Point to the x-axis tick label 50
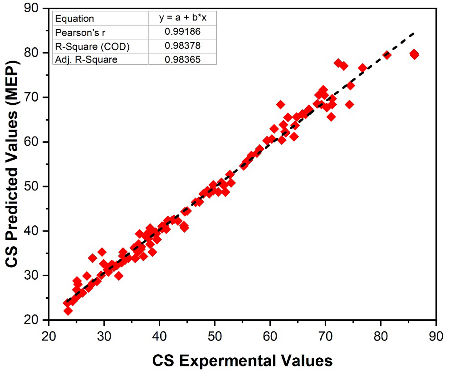[215, 336]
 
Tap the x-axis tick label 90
[436, 336]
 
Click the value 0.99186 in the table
[183, 32]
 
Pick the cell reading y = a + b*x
[183, 18]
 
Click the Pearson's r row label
[80, 33]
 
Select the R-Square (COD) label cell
[92, 46]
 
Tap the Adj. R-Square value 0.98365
[183, 60]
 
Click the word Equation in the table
[75, 19]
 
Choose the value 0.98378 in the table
[183, 46]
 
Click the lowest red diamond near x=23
[68, 311]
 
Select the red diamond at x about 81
[387, 55]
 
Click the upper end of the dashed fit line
[414, 33]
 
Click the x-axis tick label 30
[104, 336]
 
